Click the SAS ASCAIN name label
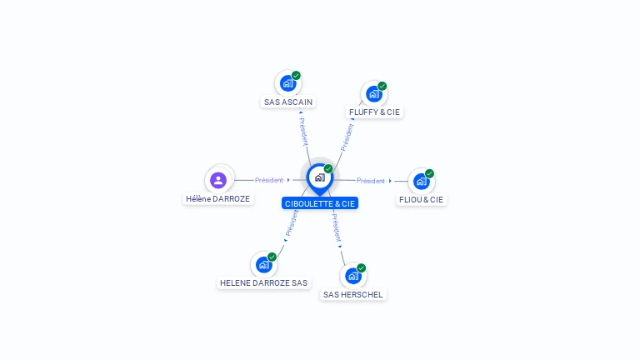pos(288,102)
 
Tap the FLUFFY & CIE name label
pos(374,112)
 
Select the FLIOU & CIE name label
pos(421,200)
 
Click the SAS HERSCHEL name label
pos(353,295)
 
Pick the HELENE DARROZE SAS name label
pos(263,282)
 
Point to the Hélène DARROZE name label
pos(218,199)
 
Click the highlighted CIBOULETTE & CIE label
pos(320,203)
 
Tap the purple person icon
pos(218,180)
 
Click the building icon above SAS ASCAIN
pos(288,83)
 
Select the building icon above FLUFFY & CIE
pos(374,94)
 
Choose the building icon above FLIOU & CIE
pos(422,181)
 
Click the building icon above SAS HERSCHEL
pos(353,276)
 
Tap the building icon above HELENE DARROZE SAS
pos(264,264)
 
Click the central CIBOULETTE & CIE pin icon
pos(320,178)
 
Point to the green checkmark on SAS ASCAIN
pos(297,76)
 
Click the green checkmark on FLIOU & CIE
pos(429,173)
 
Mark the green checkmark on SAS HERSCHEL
pos(361,268)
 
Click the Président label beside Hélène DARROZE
pos(269,180)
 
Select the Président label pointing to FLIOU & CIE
pos(371,180)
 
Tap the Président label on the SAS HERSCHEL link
pos(337,227)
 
